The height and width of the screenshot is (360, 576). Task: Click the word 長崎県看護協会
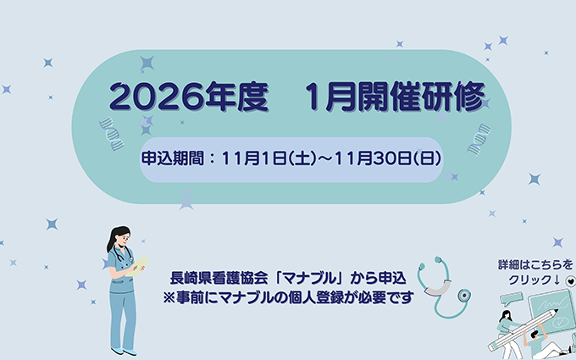(218, 278)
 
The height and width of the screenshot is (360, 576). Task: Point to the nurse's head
(119, 238)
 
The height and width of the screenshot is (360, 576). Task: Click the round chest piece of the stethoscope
(463, 296)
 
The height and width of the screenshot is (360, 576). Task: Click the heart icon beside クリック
(570, 280)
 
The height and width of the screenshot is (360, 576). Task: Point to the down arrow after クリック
(556, 280)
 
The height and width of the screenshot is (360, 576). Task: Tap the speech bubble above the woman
(512, 298)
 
